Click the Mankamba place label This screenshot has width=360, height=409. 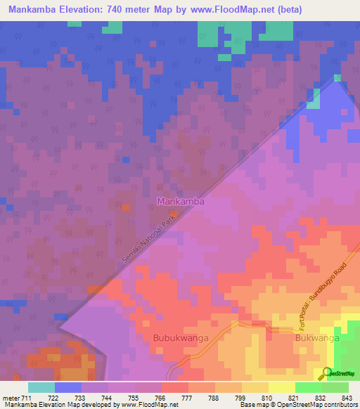(x=181, y=202)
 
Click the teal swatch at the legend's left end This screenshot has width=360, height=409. (x=41, y=387)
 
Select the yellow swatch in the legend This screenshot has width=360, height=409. (x=281, y=387)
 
